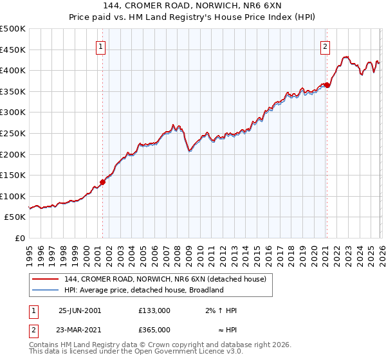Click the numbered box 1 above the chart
102,46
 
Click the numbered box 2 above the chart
326,46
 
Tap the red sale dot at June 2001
102,182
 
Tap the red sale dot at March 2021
327,85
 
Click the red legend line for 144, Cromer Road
46,278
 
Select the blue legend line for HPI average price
46,290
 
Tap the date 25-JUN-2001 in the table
80,310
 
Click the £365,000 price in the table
154,330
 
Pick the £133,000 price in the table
154,310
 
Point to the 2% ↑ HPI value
221,310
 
